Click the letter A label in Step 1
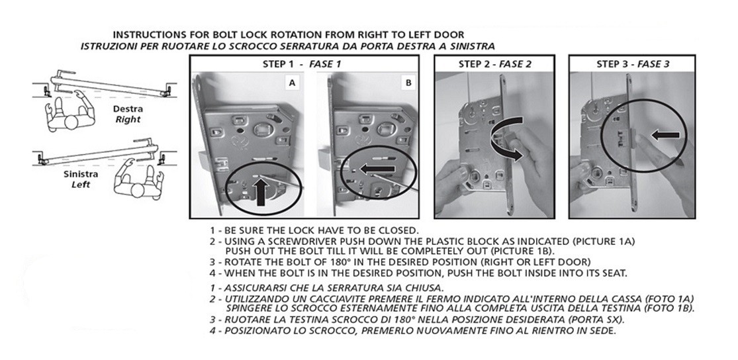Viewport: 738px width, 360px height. click(x=293, y=83)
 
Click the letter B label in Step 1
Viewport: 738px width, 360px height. click(x=408, y=83)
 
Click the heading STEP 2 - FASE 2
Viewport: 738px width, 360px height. click(x=494, y=64)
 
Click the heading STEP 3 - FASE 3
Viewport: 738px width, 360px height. click(x=633, y=64)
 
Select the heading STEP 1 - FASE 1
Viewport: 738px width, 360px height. click(x=301, y=64)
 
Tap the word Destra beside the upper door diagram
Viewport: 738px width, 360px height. click(x=128, y=109)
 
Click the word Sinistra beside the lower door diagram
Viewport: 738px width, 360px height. click(x=81, y=174)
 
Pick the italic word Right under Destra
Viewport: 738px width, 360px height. click(x=128, y=120)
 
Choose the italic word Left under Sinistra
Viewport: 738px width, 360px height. click(x=81, y=185)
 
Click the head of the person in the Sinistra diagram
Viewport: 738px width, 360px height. click(x=138, y=190)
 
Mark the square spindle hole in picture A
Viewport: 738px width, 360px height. click(x=261, y=130)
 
